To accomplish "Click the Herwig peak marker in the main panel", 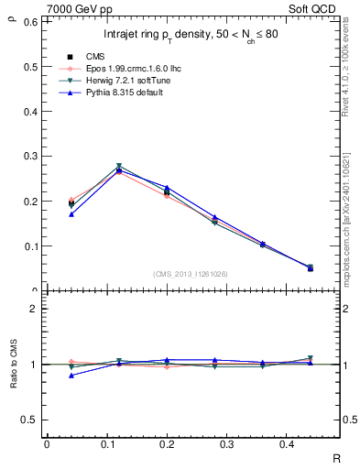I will [119, 167].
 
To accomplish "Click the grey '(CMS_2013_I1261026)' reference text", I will [190, 273].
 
